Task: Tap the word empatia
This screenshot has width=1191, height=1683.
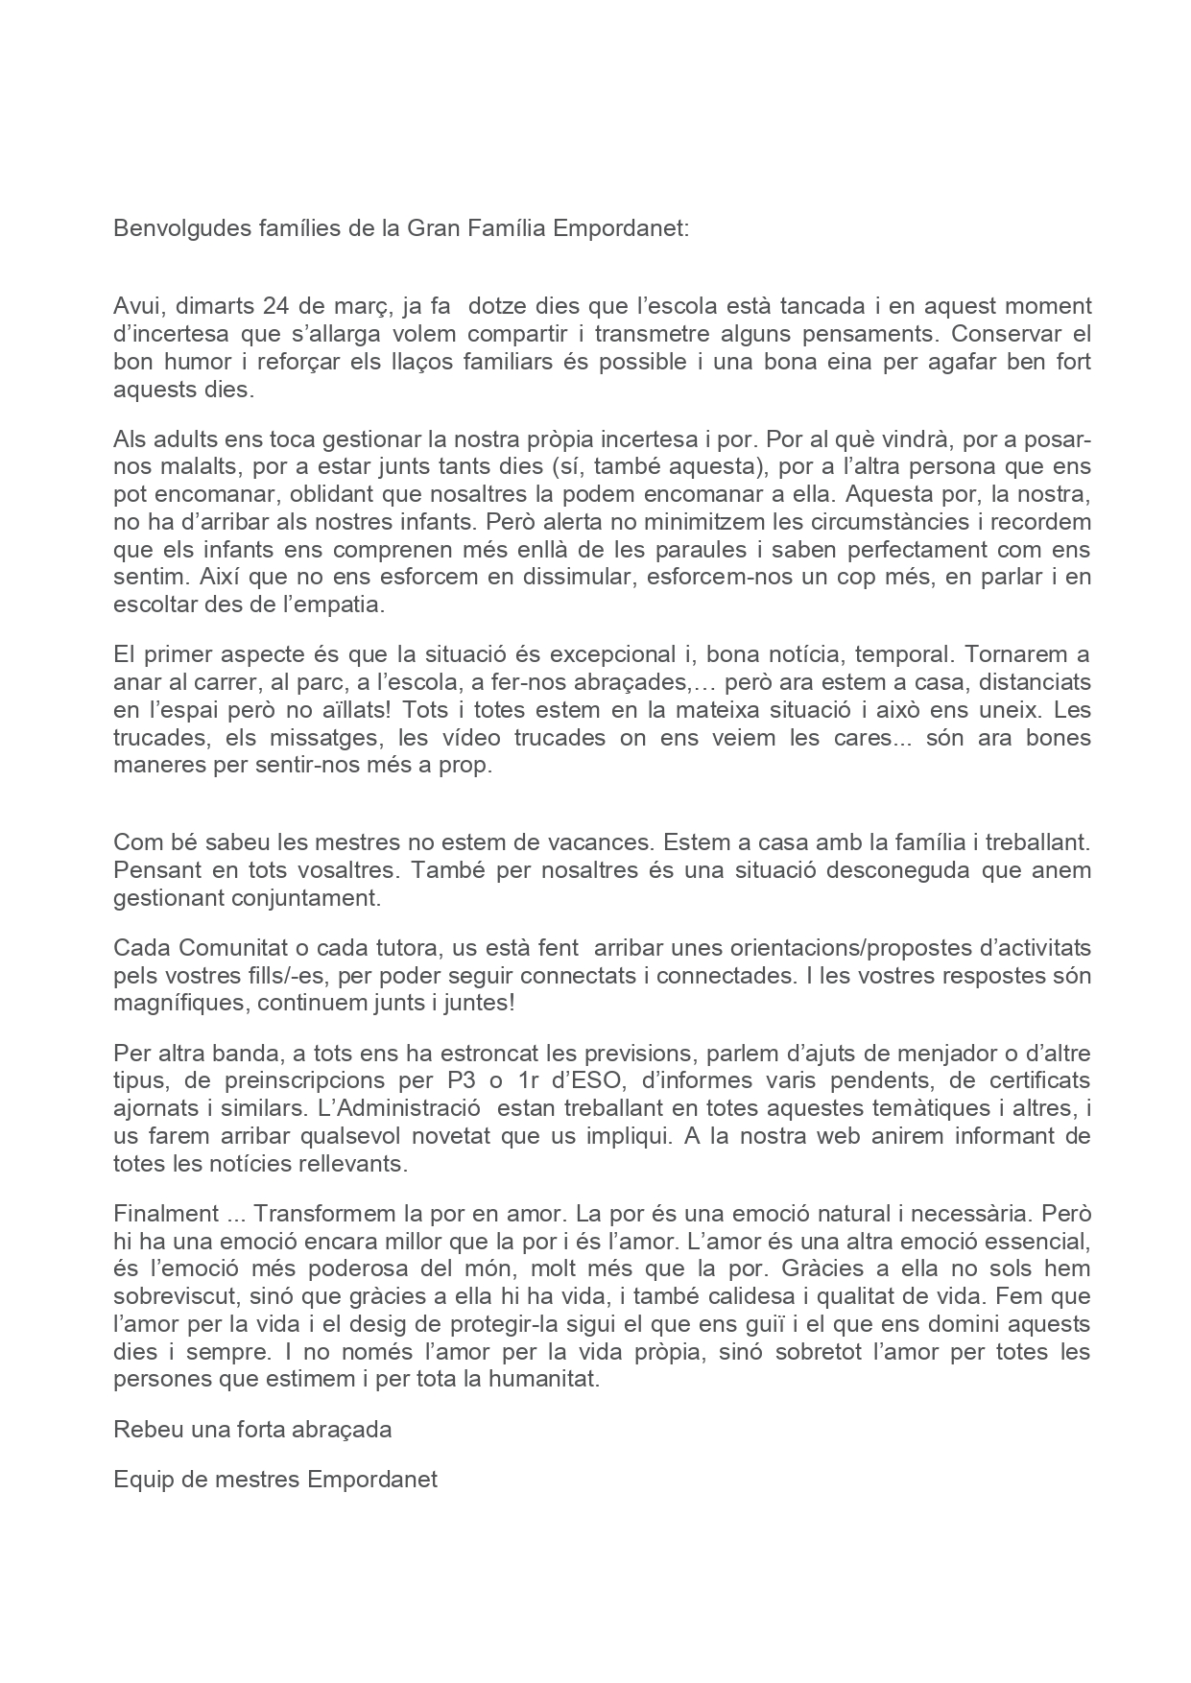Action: pyautogui.click(x=333, y=605)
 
